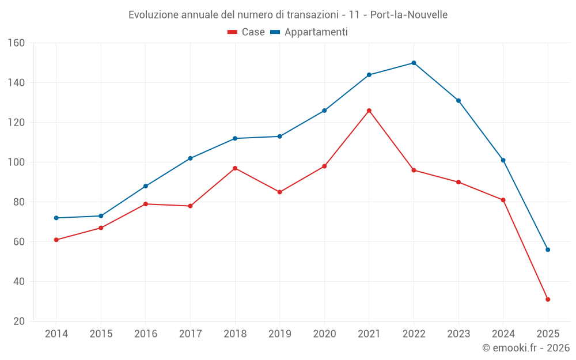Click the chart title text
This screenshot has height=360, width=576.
[x=287, y=14]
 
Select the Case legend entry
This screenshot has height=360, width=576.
[x=247, y=32]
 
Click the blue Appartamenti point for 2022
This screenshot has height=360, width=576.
[x=414, y=63]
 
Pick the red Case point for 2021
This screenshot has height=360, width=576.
[x=369, y=111]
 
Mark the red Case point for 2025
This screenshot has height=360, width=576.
[x=548, y=300]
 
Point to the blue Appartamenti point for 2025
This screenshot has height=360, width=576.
[x=548, y=249]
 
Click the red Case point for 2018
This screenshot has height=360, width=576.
[x=235, y=168]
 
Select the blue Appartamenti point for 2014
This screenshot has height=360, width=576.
[x=56, y=218]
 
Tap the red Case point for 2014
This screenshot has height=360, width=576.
[x=56, y=240]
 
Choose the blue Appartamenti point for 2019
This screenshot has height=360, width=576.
[x=279, y=137]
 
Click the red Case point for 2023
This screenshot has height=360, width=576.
[x=458, y=182]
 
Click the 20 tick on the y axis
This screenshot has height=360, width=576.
[x=18, y=321]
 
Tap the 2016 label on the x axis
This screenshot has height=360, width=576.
[x=145, y=334]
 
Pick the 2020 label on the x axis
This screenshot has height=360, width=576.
[x=324, y=334]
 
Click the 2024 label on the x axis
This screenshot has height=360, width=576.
[x=503, y=334]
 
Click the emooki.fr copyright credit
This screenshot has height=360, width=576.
[x=525, y=348]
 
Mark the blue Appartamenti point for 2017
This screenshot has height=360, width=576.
[x=190, y=158]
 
